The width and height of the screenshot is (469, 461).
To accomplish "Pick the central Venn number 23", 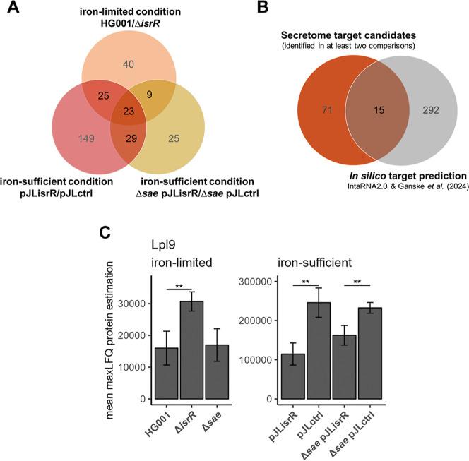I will tap(129, 110).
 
